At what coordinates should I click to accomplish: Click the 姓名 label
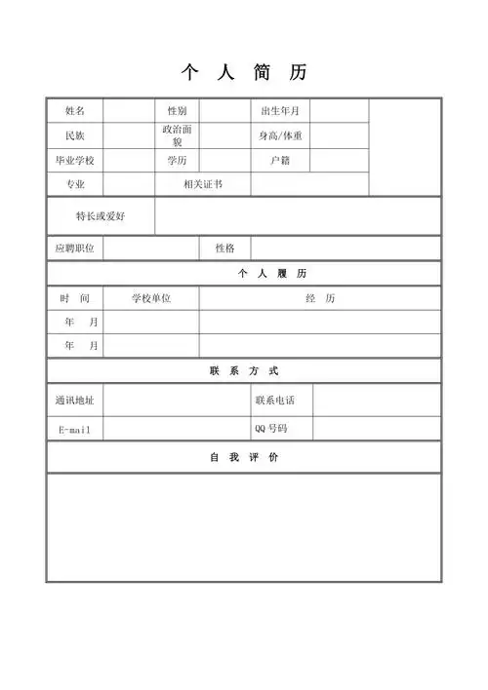[75, 111]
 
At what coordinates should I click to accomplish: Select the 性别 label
[177, 111]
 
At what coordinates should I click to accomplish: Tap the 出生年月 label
[280, 111]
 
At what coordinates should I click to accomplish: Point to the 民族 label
[75, 135]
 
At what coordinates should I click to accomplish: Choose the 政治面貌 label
[177, 135]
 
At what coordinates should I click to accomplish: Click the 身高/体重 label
[280, 135]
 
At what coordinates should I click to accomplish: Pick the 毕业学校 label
[75, 160]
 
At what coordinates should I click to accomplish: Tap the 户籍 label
[280, 160]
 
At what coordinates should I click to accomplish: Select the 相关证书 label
[203, 184]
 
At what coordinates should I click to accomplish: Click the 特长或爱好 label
[101, 215]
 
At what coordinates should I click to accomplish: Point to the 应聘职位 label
[75, 249]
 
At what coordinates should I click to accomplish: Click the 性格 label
[224, 249]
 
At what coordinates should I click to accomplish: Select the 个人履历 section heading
[244, 274]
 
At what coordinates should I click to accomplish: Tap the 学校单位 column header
[151, 298]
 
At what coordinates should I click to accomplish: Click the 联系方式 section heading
[244, 371]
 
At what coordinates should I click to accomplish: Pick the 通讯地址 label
[75, 400]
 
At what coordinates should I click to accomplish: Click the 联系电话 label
[274, 400]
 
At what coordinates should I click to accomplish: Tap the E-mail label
[75, 430]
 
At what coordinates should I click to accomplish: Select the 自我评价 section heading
[244, 457]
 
